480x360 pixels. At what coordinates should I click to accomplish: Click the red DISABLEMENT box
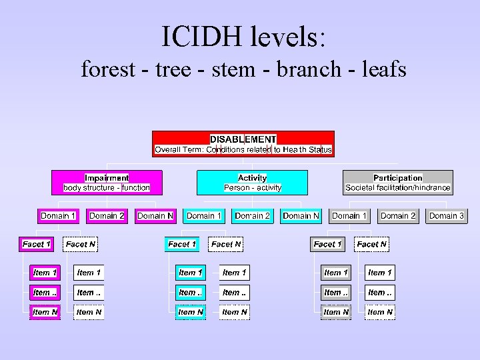tap(243, 144)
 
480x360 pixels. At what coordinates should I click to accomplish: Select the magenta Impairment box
tap(107, 183)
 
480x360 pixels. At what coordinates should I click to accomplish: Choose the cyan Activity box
tap(252, 183)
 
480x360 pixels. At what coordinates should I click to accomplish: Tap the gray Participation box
tap(398, 183)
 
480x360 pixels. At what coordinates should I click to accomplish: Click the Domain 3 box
tap(447, 215)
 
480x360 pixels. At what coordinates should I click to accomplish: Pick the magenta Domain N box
tap(155, 215)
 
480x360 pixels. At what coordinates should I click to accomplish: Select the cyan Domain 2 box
tap(253, 215)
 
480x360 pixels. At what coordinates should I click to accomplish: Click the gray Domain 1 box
tap(350, 215)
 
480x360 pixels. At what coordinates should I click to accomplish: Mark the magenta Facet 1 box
tap(37, 244)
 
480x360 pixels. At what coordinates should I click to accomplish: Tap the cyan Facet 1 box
tap(182, 244)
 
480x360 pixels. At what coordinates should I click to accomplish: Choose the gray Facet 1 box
tap(327, 244)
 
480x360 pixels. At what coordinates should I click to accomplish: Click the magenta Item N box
tap(45, 312)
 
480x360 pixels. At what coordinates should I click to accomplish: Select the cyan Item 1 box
tap(191, 273)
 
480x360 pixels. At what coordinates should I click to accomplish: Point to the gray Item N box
tap(336, 312)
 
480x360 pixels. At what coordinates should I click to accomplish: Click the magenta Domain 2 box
tap(107, 215)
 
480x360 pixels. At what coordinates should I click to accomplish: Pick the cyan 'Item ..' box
tap(191, 292)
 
